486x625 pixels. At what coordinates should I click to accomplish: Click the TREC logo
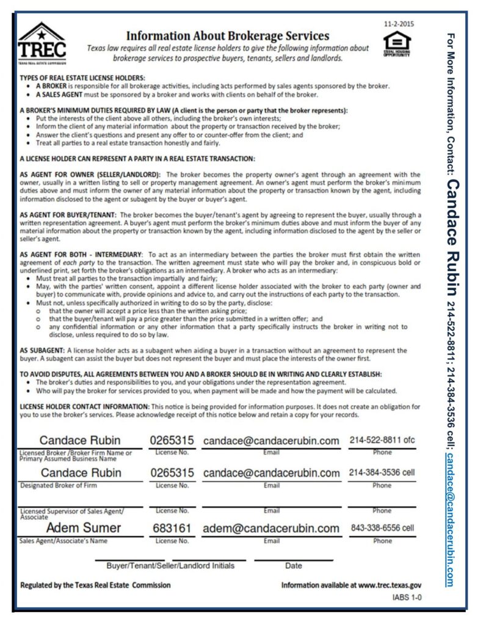point(42,43)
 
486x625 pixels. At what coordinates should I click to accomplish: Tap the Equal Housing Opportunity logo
point(397,43)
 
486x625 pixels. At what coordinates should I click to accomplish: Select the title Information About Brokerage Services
point(227,36)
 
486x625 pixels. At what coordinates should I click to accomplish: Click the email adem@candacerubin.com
point(271,528)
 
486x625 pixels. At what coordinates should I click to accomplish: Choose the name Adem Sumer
point(84,528)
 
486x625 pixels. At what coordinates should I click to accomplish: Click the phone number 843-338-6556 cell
point(382,528)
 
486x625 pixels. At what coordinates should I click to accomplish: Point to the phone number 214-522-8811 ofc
point(382,440)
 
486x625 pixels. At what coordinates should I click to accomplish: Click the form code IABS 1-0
point(407,598)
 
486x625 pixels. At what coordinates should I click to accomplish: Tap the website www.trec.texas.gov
point(390,585)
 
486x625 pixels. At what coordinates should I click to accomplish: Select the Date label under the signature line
point(293,566)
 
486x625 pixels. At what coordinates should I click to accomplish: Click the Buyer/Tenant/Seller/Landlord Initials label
point(170,566)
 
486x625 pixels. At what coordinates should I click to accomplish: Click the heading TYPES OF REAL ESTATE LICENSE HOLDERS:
point(82,78)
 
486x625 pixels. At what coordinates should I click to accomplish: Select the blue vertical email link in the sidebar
point(450,519)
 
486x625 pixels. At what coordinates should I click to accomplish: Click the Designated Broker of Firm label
point(59,486)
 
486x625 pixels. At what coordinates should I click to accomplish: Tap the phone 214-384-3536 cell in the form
point(382,472)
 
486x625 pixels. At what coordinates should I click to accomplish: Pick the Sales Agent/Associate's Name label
point(63,541)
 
